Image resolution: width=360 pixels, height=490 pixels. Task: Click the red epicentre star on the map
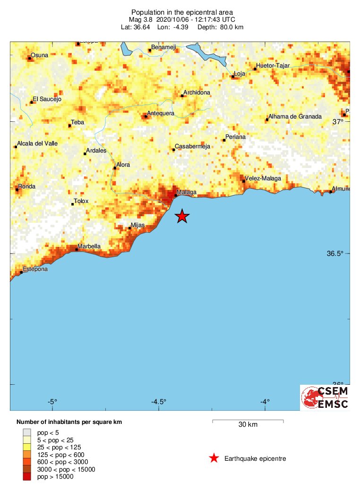[182, 217]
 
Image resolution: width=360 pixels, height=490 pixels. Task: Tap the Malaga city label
[186, 192]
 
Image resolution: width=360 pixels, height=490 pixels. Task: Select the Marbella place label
[89, 246]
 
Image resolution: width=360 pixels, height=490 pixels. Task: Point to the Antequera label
[161, 113]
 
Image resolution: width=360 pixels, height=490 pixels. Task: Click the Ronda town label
[26, 186]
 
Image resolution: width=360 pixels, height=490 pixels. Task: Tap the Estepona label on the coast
[35, 269]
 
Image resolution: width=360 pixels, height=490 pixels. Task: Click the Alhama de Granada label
[295, 117]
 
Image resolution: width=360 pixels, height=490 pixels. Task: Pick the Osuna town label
[39, 55]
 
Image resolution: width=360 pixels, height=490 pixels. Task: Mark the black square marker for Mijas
[130, 228]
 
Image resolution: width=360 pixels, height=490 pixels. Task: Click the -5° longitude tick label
[52, 402]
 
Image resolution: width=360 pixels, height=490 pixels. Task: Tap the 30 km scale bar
[248, 421]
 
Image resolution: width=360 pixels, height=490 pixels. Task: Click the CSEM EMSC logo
[325, 397]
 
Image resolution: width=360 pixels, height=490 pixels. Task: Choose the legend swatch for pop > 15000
[27, 477]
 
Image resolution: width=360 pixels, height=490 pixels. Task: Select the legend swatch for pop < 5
[27, 431]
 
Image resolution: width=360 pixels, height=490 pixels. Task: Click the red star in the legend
[214, 458]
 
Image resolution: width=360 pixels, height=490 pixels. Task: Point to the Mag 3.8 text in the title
[142, 19]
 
